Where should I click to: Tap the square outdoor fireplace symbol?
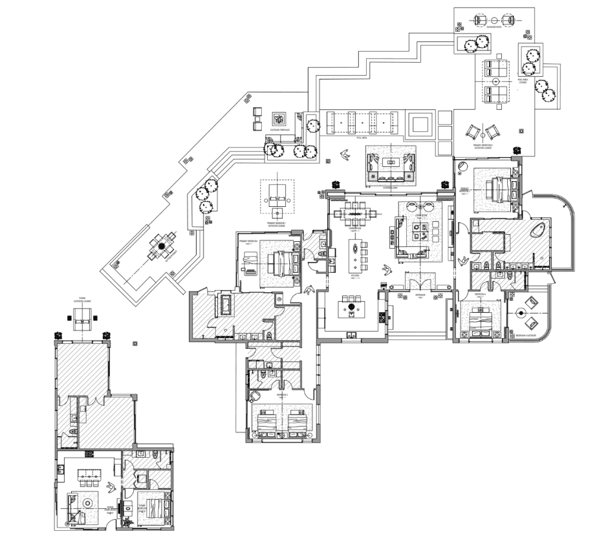(279, 119)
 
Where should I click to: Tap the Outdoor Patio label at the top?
(495, 27)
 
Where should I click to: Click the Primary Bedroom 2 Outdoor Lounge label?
(484, 147)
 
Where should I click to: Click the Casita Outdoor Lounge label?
(82, 300)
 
